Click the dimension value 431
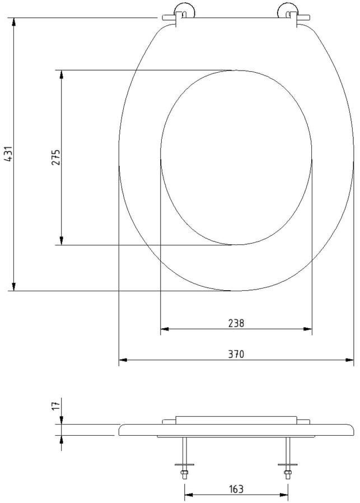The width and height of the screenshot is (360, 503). coord(10,153)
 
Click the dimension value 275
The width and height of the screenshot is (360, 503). coord(57,157)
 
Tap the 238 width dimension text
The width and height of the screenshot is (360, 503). coord(236,323)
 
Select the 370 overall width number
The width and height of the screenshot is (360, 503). coord(236,354)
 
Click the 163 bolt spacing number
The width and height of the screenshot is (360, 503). coord(236,489)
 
